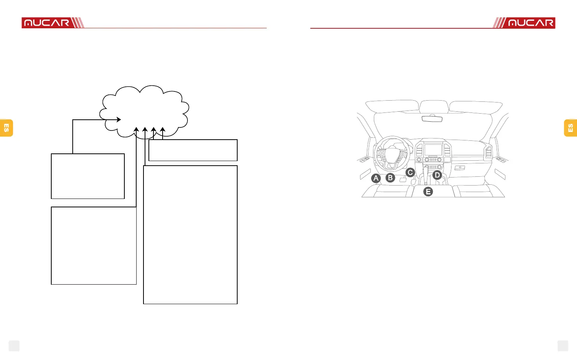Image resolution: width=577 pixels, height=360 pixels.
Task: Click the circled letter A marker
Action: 376,178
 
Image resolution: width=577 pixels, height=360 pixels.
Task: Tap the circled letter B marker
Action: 390,178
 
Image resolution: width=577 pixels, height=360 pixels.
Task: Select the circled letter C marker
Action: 410,173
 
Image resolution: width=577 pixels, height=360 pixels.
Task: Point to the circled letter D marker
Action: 437,175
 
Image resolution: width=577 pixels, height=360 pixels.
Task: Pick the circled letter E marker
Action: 428,192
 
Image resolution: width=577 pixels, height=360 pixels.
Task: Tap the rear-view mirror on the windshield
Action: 432,119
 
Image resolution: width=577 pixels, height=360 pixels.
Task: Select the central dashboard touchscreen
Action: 433,150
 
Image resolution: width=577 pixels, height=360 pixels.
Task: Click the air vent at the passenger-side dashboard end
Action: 489,152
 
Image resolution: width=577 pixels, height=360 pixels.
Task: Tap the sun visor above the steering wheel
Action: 392,106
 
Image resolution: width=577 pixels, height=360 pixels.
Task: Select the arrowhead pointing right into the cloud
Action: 119,120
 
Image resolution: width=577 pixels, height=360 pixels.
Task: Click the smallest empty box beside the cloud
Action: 193,150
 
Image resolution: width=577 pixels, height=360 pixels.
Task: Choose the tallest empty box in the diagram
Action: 190,235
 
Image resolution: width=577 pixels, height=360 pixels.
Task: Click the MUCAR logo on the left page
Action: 47,23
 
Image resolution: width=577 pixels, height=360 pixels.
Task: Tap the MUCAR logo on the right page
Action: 530,23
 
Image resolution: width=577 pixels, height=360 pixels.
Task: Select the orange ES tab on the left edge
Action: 7,128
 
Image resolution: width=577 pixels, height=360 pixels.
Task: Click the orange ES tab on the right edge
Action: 570,128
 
